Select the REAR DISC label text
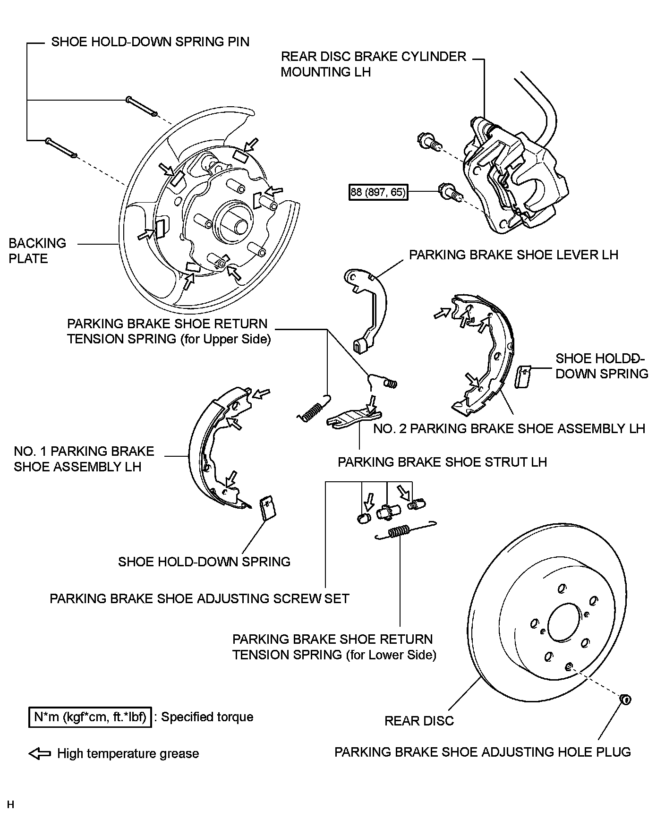pyautogui.click(x=419, y=721)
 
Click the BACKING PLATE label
pyautogui.click(x=37, y=251)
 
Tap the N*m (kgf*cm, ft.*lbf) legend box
pyautogui.click(x=90, y=717)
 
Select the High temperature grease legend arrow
pyautogui.click(x=40, y=753)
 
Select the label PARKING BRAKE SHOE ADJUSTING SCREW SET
pyautogui.click(x=199, y=598)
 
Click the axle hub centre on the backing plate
pyautogui.click(x=234, y=219)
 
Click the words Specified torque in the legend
pyautogui.click(x=207, y=717)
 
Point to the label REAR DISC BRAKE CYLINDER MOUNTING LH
pyautogui.click(x=373, y=64)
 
